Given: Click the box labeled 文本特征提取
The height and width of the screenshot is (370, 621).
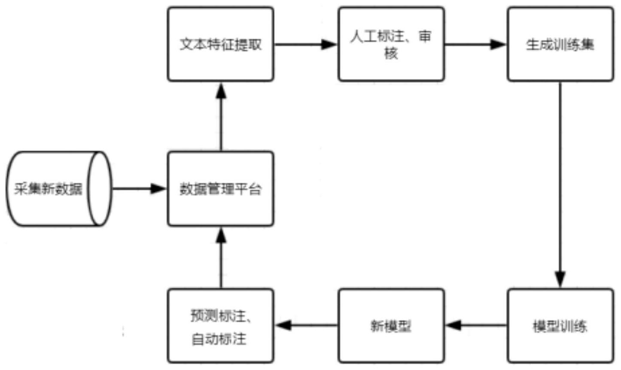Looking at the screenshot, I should pyautogui.click(x=220, y=44).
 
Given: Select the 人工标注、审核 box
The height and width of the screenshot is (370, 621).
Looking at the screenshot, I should pyautogui.click(x=391, y=44).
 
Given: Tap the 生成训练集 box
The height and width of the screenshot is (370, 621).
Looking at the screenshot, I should pyautogui.click(x=560, y=44).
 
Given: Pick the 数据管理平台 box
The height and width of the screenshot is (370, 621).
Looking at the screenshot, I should pyautogui.click(x=220, y=189).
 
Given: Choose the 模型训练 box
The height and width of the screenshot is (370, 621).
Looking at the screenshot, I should pyautogui.click(x=560, y=326).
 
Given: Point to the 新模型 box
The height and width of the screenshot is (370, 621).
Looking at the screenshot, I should pyautogui.click(x=391, y=326).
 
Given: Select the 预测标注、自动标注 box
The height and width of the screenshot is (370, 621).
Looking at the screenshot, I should pyautogui.click(x=220, y=326).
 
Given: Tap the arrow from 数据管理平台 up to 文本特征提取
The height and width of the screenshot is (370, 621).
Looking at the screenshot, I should pyautogui.click(x=221, y=116).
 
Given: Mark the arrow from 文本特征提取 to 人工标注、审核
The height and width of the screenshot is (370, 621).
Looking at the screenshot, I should pyautogui.click(x=305, y=44).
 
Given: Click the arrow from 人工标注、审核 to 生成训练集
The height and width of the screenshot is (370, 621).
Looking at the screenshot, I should pyautogui.click(x=475, y=44).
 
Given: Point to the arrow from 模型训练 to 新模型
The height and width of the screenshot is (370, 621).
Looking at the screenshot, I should pyautogui.click(x=476, y=325).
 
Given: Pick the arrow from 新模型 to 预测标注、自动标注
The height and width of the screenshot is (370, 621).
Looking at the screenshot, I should pyautogui.click(x=306, y=325).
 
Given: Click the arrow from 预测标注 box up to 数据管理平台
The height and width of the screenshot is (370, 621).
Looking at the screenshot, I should pyautogui.click(x=221, y=257).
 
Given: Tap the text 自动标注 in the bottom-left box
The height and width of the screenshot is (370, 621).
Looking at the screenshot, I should pyautogui.click(x=219, y=339).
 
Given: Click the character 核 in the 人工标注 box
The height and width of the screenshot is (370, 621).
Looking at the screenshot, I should pyautogui.click(x=391, y=54).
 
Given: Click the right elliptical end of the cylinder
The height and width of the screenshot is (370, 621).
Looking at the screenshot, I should pyautogui.click(x=100, y=189).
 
